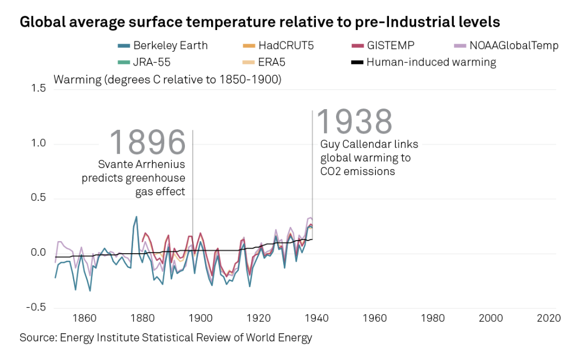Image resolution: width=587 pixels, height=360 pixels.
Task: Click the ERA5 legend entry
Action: (271, 62)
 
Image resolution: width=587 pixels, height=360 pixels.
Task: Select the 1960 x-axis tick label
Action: (374, 319)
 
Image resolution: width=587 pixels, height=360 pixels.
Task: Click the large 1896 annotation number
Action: (148, 143)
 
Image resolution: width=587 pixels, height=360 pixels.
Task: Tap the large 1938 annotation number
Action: (355, 121)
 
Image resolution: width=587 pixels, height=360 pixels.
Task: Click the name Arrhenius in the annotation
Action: (163, 165)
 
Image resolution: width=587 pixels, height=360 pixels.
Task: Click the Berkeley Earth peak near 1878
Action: (136, 217)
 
